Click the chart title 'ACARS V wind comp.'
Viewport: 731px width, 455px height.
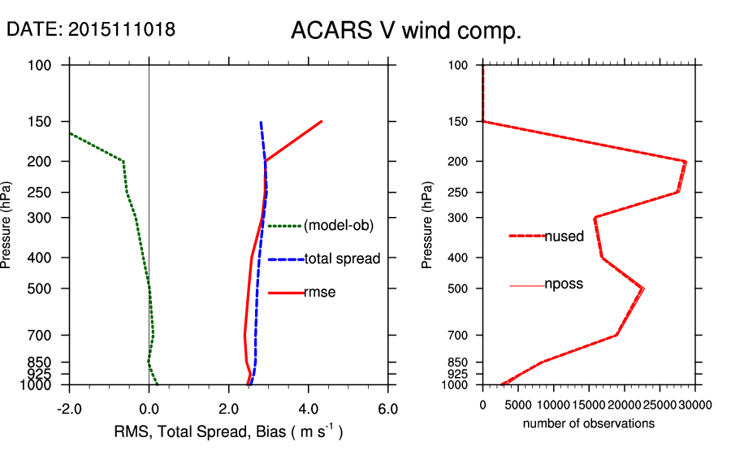pos(405,32)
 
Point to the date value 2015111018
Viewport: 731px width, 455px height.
pos(122,29)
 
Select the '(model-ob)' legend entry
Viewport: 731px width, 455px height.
pos(338,226)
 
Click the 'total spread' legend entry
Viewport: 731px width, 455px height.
pos(342,259)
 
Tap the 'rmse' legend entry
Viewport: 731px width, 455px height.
pos(320,292)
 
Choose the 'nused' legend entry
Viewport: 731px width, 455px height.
pos(564,236)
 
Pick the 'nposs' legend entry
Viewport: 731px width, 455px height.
pos(564,285)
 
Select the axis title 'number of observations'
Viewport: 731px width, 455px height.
pos(588,424)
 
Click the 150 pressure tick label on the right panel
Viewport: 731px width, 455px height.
pos(459,122)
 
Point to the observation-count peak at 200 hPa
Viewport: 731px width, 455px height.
pos(686,162)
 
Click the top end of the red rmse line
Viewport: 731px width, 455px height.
pos(322,121)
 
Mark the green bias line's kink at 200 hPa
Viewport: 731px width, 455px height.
pos(123,161)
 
